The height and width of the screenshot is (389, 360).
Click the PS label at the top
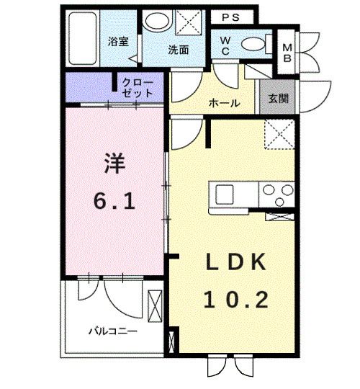click(x=232, y=17)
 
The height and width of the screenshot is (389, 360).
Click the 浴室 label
click(x=119, y=42)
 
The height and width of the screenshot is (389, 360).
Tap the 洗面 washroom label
click(x=178, y=50)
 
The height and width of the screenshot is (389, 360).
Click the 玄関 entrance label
click(x=277, y=99)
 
